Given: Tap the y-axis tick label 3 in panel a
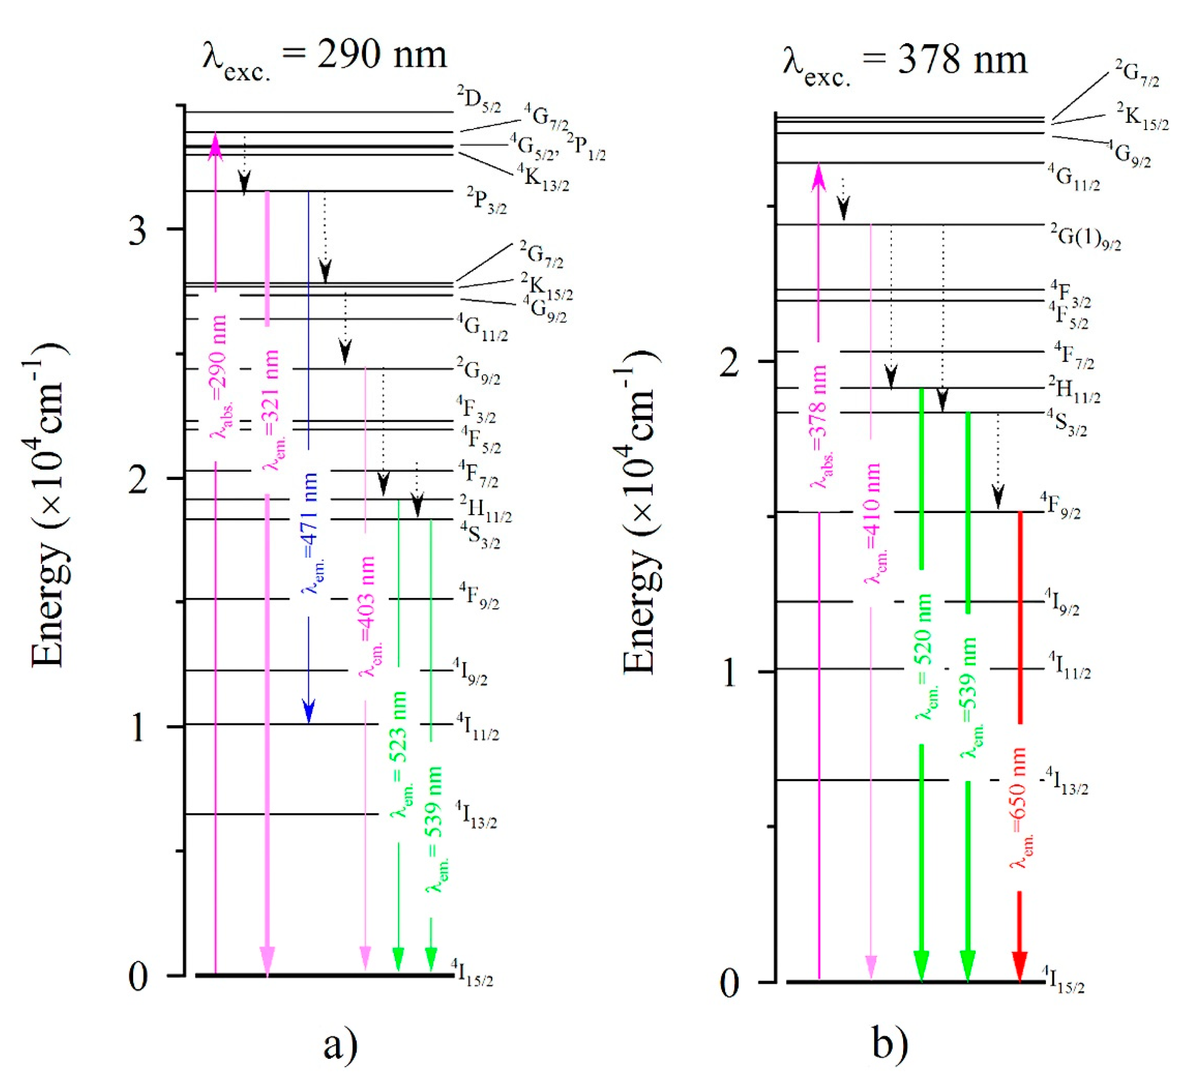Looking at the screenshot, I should coord(138,230).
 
